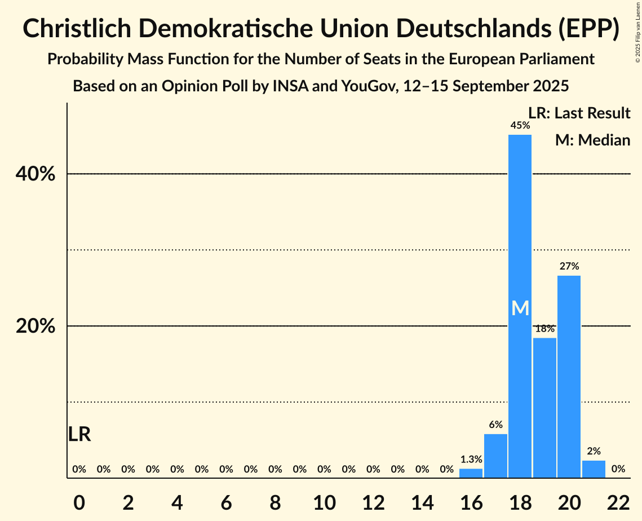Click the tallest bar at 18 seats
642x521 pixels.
[x=520, y=254]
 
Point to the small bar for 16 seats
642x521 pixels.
[x=471, y=473]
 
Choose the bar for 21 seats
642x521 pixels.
[x=594, y=469]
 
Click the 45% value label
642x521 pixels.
[x=520, y=126]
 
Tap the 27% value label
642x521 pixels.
[x=569, y=266]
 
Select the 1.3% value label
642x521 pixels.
[x=471, y=460]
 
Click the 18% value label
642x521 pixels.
[x=544, y=329]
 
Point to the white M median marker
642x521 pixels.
[x=520, y=308]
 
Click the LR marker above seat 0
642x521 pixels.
[x=79, y=435]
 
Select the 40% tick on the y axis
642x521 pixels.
[x=36, y=174]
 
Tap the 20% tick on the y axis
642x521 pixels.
[x=36, y=326]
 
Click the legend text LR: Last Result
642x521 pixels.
[x=579, y=113]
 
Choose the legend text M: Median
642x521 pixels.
[x=592, y=140]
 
